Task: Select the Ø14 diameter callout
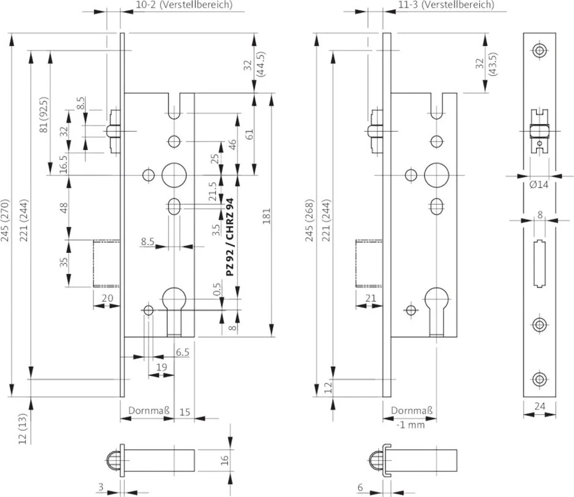pyautogui.click(x=540, y=185)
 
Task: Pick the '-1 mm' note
pyautogui.click(x=410, y=424)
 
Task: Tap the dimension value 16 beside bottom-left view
pyautogui.click(x=225, y=461)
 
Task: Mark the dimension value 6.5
pyautogui.click(x=182, y=352)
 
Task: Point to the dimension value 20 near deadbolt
pyautogui.click(x=108, y=298)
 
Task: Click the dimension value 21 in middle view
pyautogui.click(x=371, y=298)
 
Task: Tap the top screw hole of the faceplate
pyautogui.click(x=540, y=51)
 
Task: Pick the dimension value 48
pyautogui.click(x=65, y=207)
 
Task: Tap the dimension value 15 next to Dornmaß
pyautogui.click(x=185, y=411)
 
